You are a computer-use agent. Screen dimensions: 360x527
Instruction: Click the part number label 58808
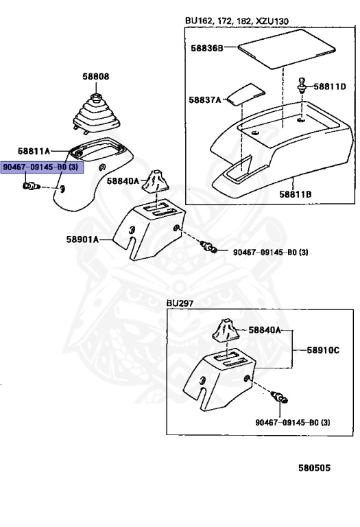click(x=96, y=77)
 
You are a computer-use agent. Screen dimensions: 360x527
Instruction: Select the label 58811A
click(x=34, y=151)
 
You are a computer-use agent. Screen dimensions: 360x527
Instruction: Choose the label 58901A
click(x=82, y=239)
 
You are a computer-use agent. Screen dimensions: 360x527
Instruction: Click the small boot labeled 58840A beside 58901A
click(x=156, y=182)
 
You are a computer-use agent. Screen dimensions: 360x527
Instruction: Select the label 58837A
click(x=205, y=99)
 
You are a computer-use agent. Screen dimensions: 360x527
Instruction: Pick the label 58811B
click(x=296, y=194)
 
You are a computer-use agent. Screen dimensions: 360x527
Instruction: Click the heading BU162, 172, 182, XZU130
click(x=237, y=21)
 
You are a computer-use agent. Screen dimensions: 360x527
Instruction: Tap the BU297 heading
click(x=180, y=303)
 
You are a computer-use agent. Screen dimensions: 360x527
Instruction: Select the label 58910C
click(x=323, y=350)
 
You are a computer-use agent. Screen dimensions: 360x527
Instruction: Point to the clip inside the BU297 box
click(x=279, y=397)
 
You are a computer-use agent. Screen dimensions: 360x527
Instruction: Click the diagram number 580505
click(x=314, y=468)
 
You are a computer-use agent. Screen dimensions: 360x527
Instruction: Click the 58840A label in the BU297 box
click(x=265, y=330)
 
